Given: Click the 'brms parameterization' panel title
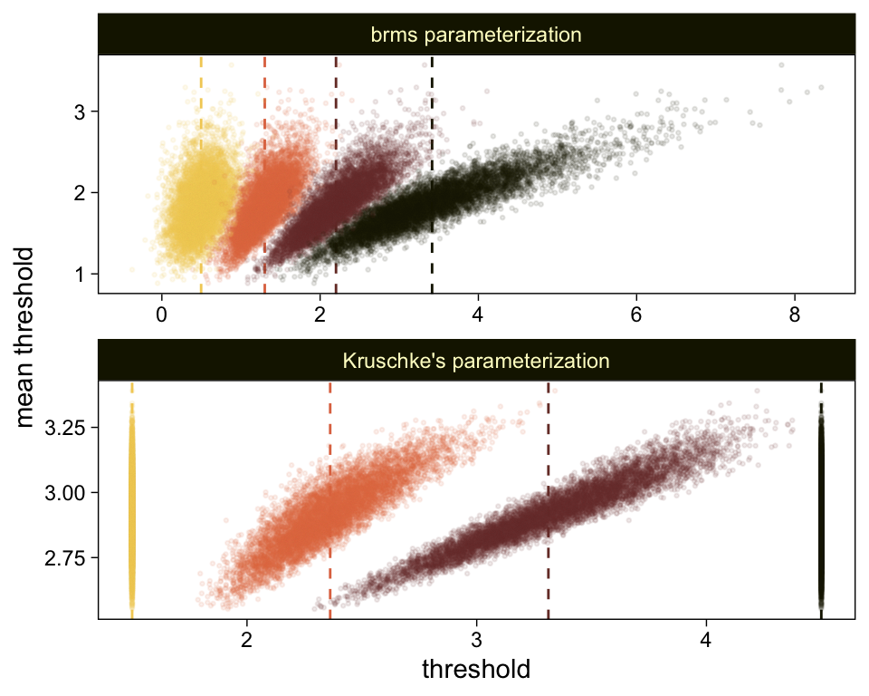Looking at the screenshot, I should click(475, 35).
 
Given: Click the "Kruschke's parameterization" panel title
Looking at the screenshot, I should click(475, 361).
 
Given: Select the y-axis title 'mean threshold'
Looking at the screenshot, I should click(29, 337).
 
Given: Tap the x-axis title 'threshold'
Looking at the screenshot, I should click(475, 670).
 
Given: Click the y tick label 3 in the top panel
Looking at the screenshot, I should click(80, 111).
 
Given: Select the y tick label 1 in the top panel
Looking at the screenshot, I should click(80, 274).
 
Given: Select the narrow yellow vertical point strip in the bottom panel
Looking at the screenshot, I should click(132, 507).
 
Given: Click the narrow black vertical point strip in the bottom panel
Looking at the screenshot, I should click(821, 507).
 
